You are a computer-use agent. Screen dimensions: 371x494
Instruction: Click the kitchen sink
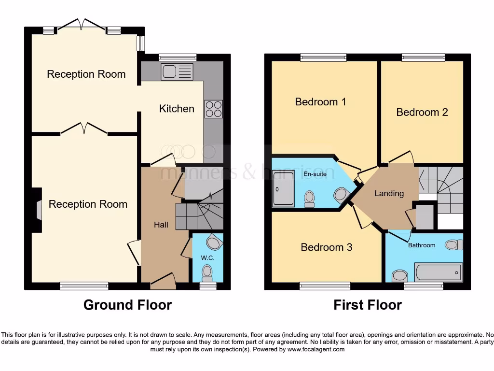tap(177, 71)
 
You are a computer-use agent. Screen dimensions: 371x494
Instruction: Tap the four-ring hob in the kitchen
tap(214, 109)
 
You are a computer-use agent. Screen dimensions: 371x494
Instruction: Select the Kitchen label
tap(177, 109)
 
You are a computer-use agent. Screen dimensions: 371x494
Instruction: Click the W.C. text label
tap(207, 257)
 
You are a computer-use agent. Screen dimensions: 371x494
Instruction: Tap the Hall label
tap(161, 225)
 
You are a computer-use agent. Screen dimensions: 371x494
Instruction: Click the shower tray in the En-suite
tap(283, 189)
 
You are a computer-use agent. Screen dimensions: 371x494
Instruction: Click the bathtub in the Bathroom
tap(438, 272)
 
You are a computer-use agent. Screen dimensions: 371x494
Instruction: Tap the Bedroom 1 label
tap(320, 102)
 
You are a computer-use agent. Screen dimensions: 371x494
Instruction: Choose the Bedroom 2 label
tap(422, 112)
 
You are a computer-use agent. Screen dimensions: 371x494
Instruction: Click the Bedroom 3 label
tap(326, 247)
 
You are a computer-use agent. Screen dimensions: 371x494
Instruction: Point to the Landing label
tap(389, 193)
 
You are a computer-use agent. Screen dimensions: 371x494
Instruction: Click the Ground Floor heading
tap(127, 305)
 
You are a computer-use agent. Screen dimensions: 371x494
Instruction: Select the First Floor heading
tap(367, 305)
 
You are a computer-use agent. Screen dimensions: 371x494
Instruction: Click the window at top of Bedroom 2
tap(423, 57)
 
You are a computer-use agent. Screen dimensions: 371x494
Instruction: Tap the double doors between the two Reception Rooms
tap(84, 128)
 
